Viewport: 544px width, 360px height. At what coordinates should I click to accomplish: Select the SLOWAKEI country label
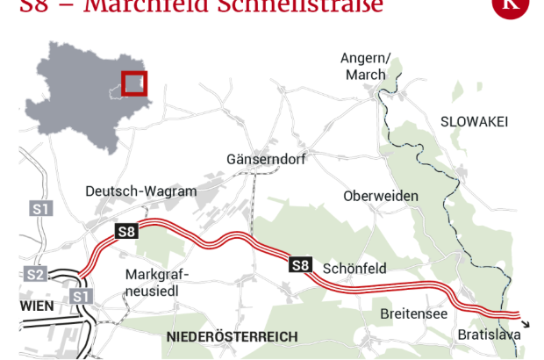point(475,121)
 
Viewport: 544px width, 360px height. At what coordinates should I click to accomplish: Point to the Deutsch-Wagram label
point(141,191)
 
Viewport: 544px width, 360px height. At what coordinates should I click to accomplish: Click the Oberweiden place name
point(381,196)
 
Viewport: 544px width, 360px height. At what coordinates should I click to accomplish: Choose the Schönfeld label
point(354,268)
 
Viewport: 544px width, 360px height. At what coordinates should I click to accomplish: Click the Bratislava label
point(489,335)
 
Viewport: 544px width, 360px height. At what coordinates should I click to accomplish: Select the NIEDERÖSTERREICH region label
point(232,336)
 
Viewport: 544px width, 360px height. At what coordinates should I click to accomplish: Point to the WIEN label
point(34,305)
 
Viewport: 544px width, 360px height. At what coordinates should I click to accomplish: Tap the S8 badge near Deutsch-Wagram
point(126,232)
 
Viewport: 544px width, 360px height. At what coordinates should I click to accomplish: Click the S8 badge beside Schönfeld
point(300,264)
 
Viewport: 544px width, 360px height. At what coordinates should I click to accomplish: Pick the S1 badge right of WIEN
point(82,298)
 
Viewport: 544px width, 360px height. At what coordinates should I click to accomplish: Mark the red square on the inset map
point(134,83)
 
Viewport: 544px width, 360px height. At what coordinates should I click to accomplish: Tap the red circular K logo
point(511,6)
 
